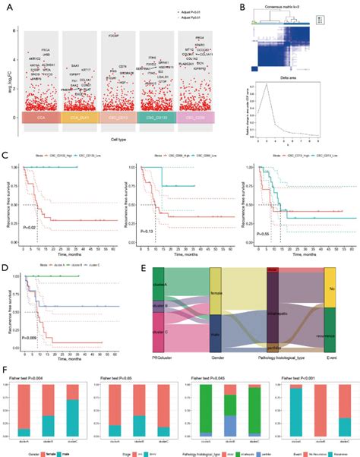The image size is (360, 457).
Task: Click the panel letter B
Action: (242, 6)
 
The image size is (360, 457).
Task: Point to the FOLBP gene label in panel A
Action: (115, 36)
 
